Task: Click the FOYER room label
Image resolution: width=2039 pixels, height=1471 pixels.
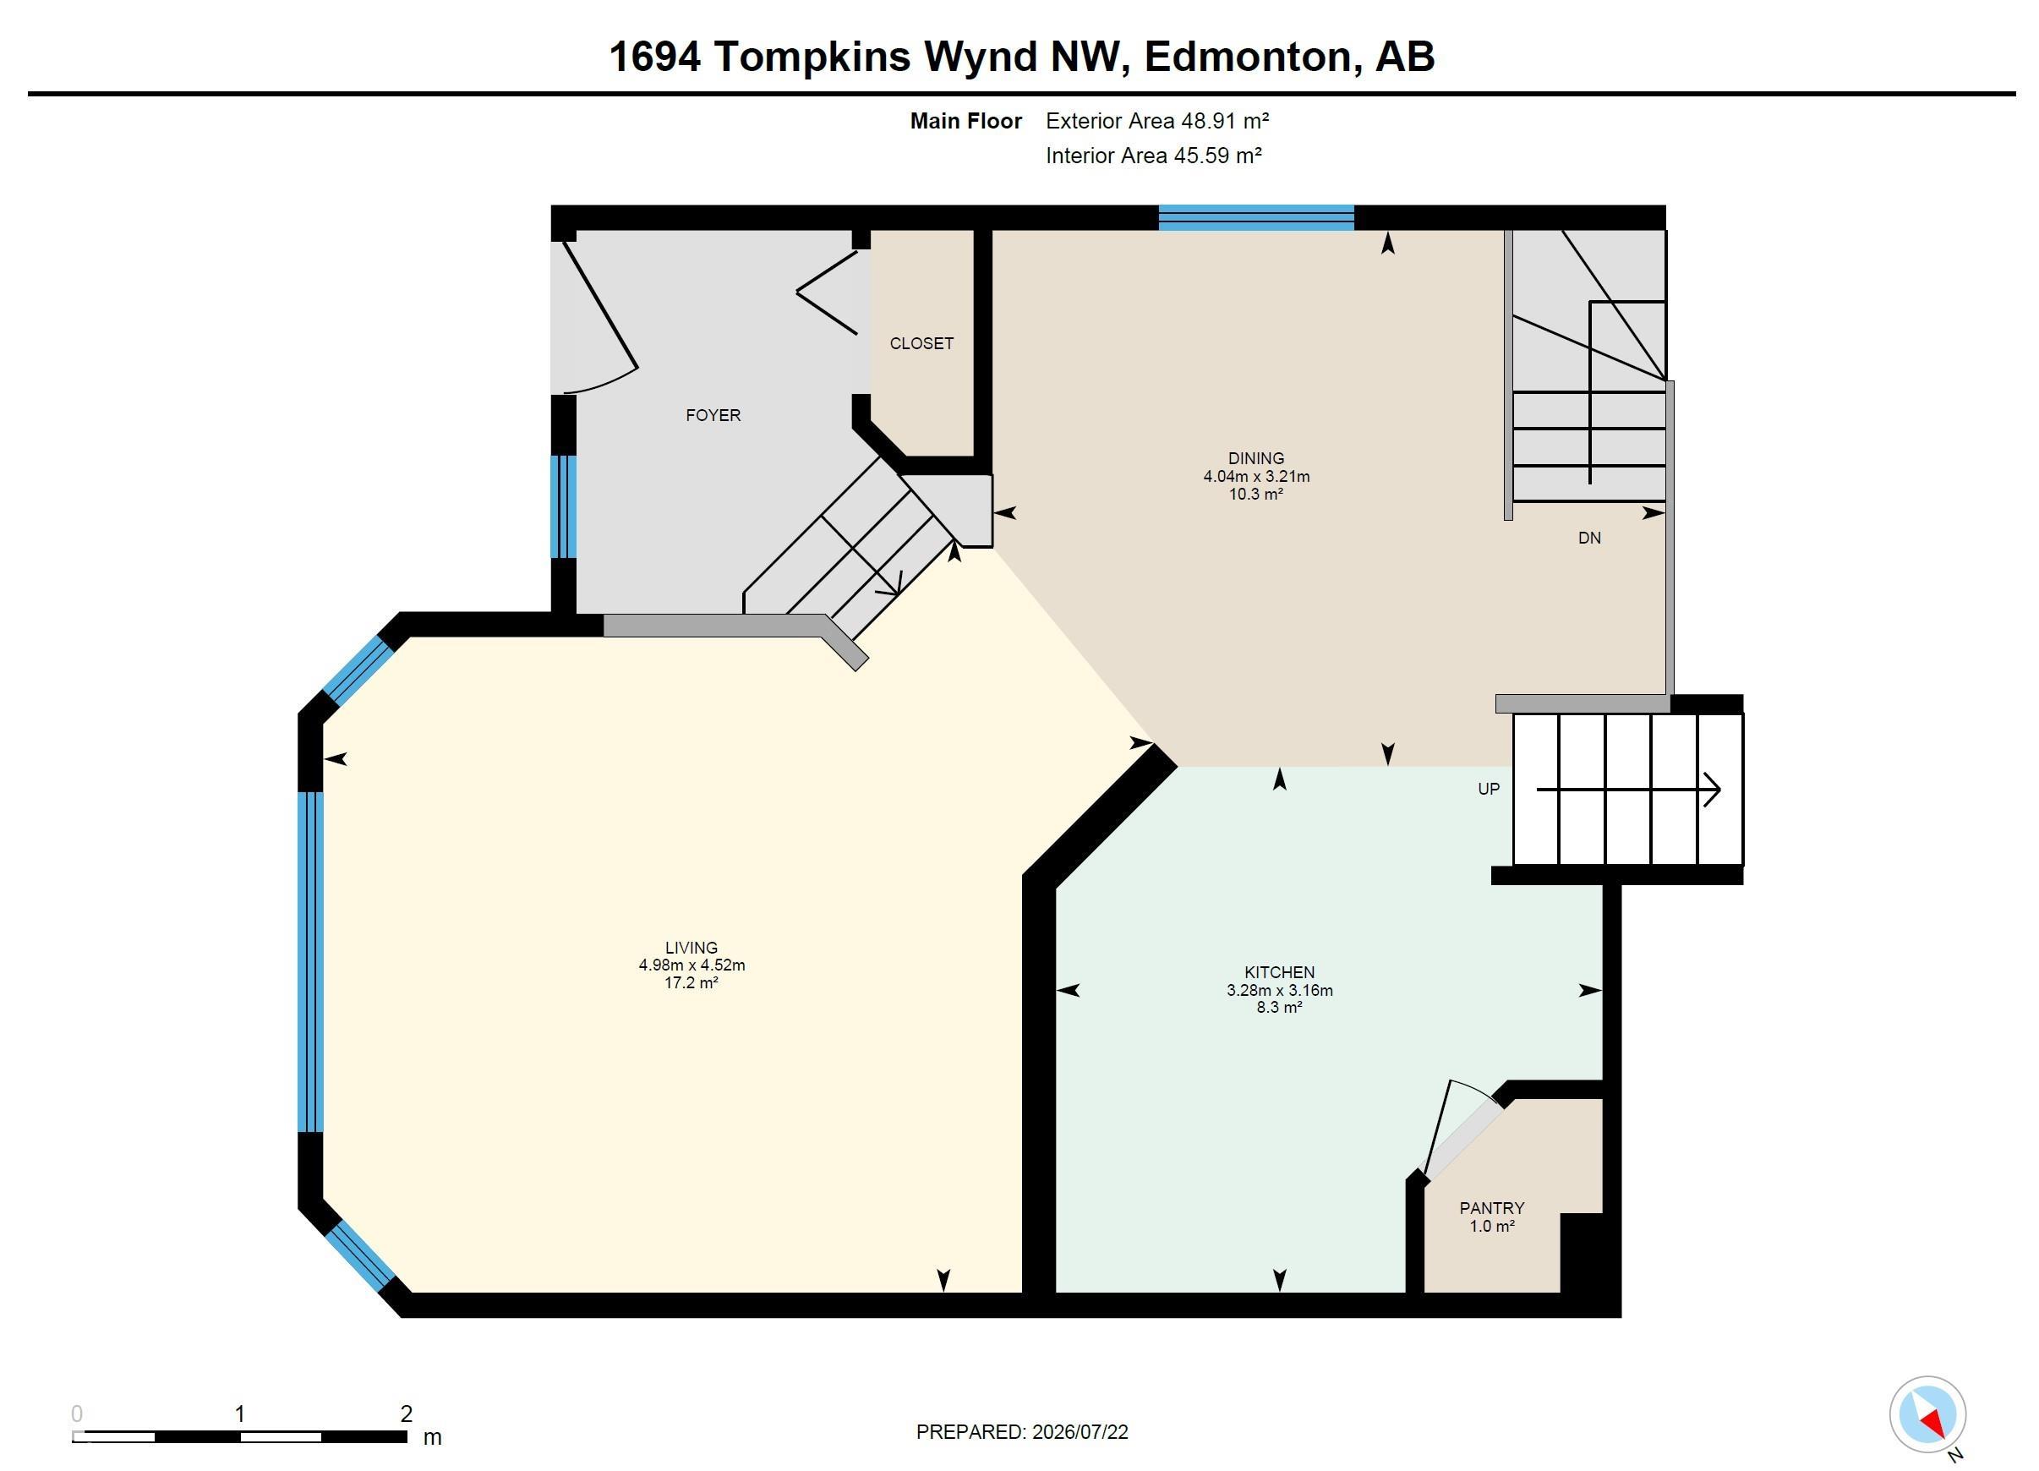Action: tap(713, 415)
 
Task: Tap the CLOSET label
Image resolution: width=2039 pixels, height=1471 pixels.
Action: tap(921, 343)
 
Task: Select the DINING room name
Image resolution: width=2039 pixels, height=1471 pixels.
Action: tap(1256, 458)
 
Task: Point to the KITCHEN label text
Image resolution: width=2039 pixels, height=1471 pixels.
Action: tap(1279, 972)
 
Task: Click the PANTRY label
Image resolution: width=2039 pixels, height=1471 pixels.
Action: tap(1491, 1207)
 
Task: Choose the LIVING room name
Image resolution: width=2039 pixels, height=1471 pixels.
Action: tap(692, 948)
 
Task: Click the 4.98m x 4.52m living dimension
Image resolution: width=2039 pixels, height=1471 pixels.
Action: tap(692, 965)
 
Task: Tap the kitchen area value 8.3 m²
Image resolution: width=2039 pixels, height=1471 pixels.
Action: tap(1279, 1007)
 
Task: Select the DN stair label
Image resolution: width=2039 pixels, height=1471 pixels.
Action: tap(1589, 538)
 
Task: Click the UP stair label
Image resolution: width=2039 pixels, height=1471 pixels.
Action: tap(1489, 789)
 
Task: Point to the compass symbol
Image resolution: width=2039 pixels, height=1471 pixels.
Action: tap(1927, 1414)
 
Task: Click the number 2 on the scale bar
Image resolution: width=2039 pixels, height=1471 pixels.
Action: tap(407, 1414)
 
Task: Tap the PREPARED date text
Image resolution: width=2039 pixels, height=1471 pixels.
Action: tap(1022, 1432)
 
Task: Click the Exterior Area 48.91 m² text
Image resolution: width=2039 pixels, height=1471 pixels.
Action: tap(1157, 121)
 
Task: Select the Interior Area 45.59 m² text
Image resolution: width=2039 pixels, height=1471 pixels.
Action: tap(1153, 156)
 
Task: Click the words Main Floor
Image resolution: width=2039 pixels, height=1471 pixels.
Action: tap(965, 121)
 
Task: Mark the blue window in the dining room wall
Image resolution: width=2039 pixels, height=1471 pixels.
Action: tap(1256, 217)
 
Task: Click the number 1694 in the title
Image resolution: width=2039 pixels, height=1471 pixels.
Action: tap(654, 57)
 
